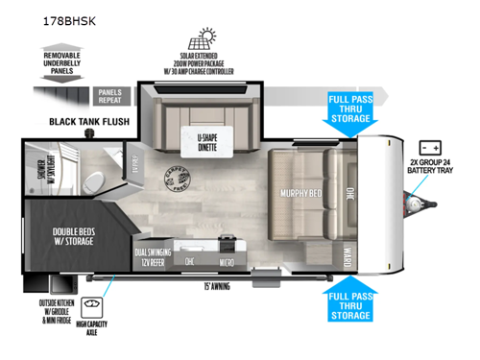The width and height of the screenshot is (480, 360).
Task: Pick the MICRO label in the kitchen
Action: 226,259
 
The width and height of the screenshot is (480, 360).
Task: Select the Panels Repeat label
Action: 114,94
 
